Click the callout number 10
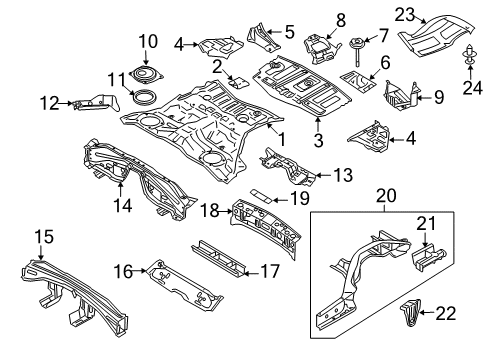[x=148, y=41]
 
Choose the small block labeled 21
[x=422, y=256]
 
